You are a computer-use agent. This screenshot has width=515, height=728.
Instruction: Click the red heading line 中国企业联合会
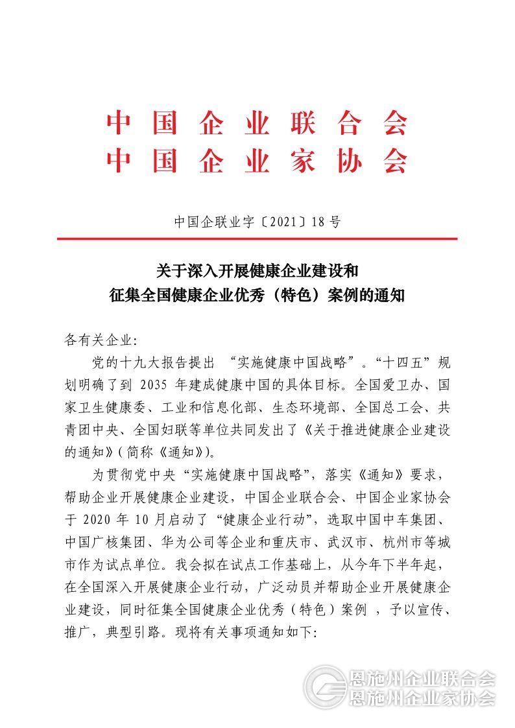(257, 123)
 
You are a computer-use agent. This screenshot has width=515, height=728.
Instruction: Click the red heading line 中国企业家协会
(257, 161)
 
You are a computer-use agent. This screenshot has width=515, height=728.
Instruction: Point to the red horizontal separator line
(257, 239)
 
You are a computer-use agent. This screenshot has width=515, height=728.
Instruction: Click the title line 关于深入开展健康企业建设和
(257, 269)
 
